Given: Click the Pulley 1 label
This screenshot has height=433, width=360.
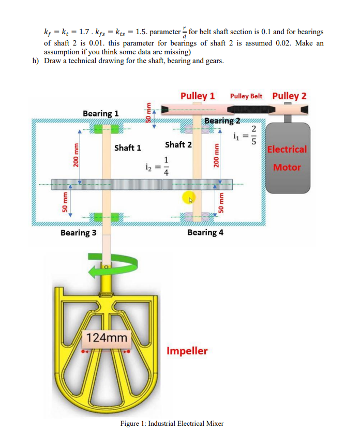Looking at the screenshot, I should pos(198,96).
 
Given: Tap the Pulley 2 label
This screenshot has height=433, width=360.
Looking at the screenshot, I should pos(289,96).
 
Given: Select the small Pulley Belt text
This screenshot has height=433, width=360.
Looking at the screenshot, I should pos(246,96).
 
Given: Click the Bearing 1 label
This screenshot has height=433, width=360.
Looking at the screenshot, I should pos(100,113).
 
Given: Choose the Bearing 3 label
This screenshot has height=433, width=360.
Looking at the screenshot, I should pos(78,232).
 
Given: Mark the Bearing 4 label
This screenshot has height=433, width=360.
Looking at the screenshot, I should pos(205,232).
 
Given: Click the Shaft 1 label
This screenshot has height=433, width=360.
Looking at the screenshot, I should pos(127,148).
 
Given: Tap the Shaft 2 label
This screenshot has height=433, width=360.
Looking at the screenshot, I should pos(178,144).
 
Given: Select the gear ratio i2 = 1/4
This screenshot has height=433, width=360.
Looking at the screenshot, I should pos(157,166).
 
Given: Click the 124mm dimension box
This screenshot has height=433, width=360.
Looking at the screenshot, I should pos(107,338).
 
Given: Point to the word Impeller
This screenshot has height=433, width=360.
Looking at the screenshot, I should pos(187,351).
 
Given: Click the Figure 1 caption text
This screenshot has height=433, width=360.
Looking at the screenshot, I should pos(172,423).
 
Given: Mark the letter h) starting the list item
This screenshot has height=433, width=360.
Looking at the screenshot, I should pos(35,61).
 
